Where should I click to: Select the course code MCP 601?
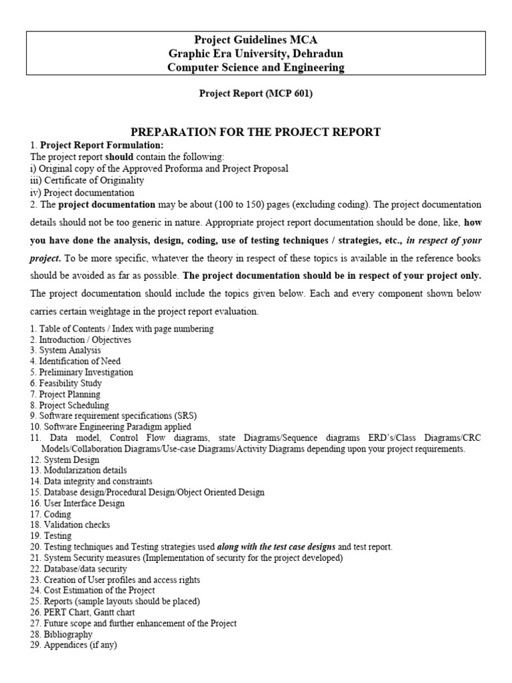[287, 94]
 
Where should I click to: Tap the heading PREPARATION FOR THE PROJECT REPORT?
[255, 132]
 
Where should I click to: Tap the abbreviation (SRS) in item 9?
[183, 416]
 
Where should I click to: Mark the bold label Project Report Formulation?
[101, 145]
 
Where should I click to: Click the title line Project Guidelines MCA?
[255, 40]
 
